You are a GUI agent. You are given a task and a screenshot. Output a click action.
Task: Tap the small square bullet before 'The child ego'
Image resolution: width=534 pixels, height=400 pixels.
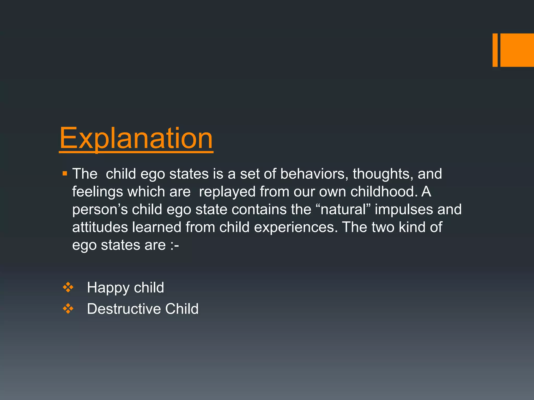click(x=65, y=173)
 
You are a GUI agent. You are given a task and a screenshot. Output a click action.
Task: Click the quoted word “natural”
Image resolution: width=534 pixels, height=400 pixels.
click(x=343, y=209)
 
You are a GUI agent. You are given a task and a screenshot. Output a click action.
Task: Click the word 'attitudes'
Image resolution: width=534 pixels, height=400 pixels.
click(x=100, y=227)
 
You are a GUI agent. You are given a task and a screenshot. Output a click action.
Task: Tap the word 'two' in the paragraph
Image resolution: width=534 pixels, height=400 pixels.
click(x=383, y=227)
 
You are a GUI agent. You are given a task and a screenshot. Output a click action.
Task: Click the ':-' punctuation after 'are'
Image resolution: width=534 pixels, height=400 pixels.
click(x=174, y=245)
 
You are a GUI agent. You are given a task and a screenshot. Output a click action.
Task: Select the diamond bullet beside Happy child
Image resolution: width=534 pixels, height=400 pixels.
click(x=68, y=287)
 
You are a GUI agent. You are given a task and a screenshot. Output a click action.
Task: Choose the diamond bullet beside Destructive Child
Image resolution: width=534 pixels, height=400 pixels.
click(x=68, y=309)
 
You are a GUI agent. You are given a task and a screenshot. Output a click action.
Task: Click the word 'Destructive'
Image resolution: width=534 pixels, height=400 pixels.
click(x=124, y=309)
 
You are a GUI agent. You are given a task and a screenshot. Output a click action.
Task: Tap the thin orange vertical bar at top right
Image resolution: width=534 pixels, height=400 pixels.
click(x=495, y=50)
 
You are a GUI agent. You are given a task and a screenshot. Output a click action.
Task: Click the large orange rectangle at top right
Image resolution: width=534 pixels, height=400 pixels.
click(x=517, y=50)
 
